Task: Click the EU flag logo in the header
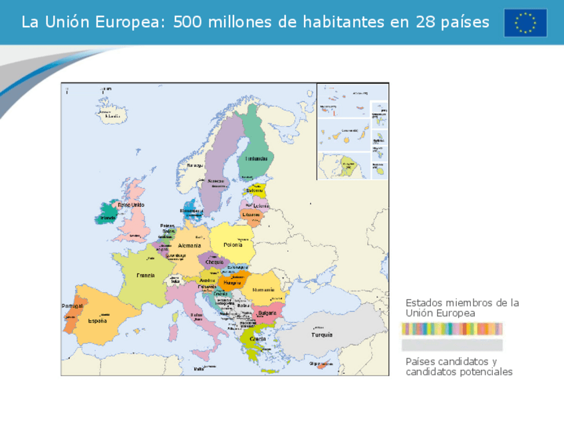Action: click(x=525, y=23)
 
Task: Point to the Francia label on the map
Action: click(x=146, y=275)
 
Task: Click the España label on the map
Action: click(x=97, y=321)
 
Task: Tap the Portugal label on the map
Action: click(x=72, y=306)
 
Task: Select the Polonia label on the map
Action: click(x=233, y=245)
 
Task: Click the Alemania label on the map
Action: click(x=190, y=245)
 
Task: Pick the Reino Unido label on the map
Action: click(x=131, y=205)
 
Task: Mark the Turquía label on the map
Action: click(x=322, y=335)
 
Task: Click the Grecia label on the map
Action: click(x=257, y=339)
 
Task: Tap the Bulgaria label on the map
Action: click(x=267, y=313)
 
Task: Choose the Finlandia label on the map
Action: click(x=256, y=159)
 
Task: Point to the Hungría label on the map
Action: click(x=232, y=283)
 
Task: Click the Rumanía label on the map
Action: click(x=263, y=290)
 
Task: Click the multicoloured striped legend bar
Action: click(x=452, y=329)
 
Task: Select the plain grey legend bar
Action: click(x=452, y=345)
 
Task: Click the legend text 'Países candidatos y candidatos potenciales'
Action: click(x=459, y=366)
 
